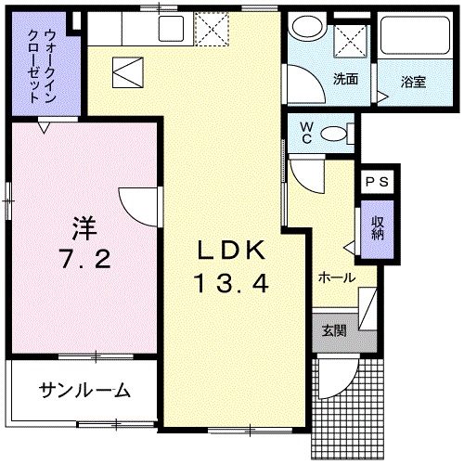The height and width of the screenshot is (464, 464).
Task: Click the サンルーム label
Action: coord(84,390)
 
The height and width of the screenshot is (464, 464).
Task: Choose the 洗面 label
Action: coord(345,78)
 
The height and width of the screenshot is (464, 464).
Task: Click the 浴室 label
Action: coord(413,82)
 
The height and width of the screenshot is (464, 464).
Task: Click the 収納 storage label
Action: coord(379,227)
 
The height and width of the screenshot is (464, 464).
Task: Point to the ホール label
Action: coord(335,277)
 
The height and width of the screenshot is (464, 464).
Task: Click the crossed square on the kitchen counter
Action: coord(211,31)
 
